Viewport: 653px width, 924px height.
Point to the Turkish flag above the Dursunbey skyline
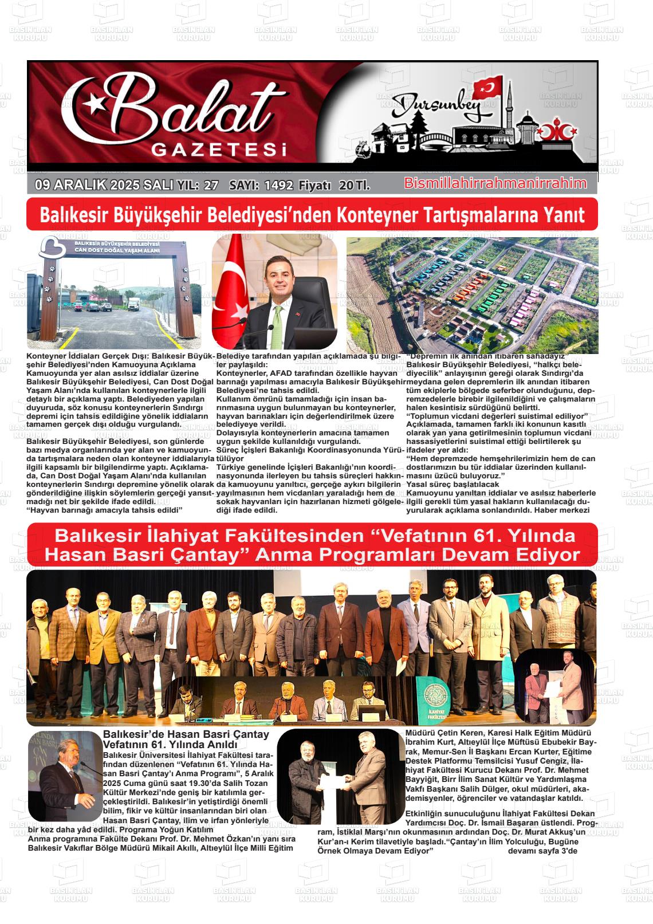pyautogui.click(x=487, y=89)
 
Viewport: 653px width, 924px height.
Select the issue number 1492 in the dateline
pyautogui.click(x=279, y=186)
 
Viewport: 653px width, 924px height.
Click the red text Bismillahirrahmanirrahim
pyautogui.click(x=495, y=183)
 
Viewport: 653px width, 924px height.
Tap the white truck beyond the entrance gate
pyautogui.click(x=132, y=304)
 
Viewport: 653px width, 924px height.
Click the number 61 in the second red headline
pyautogui.click(x=484, y=536)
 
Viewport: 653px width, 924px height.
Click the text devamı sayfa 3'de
pyautogui.click(x=542, y=851)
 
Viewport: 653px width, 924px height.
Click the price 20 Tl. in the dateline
pyautogui.click(x=354, y=186)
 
